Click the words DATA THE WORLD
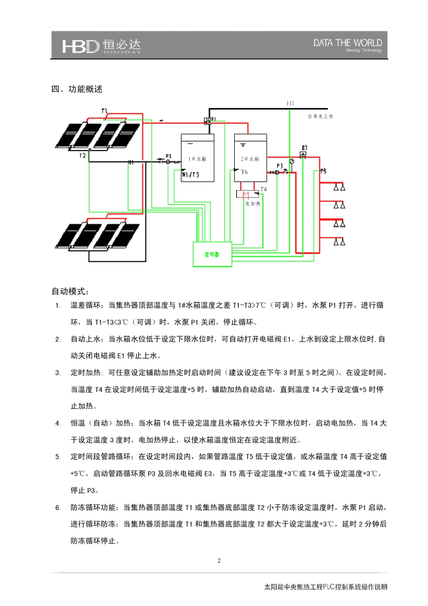[347, 43]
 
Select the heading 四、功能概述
[77, 89]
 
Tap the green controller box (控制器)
[212, 255]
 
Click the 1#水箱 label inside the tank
[197, 159]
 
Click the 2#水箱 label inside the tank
[250, 159]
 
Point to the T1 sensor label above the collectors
[105, 111]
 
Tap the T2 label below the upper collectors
[82, 156]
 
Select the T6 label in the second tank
[244, 172]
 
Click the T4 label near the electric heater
[264, 189]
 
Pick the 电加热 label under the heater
[253, 204]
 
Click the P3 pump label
[280, 166]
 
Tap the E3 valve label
[305, 148]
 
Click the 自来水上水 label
[321, 116]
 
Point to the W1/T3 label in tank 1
[191, 175]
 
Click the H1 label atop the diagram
[291, 103]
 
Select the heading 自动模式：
[70, 292]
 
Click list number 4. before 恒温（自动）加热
[58, 424]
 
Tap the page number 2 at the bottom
[219, 561]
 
